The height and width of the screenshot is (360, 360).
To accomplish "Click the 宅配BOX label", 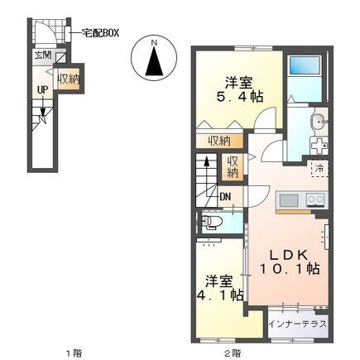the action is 100,33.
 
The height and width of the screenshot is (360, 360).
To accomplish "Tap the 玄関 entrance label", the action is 43,55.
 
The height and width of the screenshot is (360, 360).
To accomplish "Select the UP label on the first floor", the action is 43,89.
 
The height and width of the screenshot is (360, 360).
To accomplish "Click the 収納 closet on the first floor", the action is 69,80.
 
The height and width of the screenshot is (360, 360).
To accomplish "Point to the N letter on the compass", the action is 154,43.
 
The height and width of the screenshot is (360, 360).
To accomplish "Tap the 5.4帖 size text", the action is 239,97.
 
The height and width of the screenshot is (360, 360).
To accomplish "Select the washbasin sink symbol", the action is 319,122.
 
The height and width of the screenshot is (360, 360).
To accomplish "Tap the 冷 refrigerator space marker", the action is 319,168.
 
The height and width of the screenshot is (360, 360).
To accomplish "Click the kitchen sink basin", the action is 289,199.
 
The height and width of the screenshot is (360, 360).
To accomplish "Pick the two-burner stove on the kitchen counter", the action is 315,200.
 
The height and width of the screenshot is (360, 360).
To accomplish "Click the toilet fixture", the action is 212,222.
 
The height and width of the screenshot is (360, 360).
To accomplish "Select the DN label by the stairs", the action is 225,197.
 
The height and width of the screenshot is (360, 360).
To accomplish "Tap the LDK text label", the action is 288,255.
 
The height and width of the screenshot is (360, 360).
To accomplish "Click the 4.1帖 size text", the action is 219,295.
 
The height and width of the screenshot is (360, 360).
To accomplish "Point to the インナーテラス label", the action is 298,324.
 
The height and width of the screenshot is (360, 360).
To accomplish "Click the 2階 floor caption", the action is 233,353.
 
